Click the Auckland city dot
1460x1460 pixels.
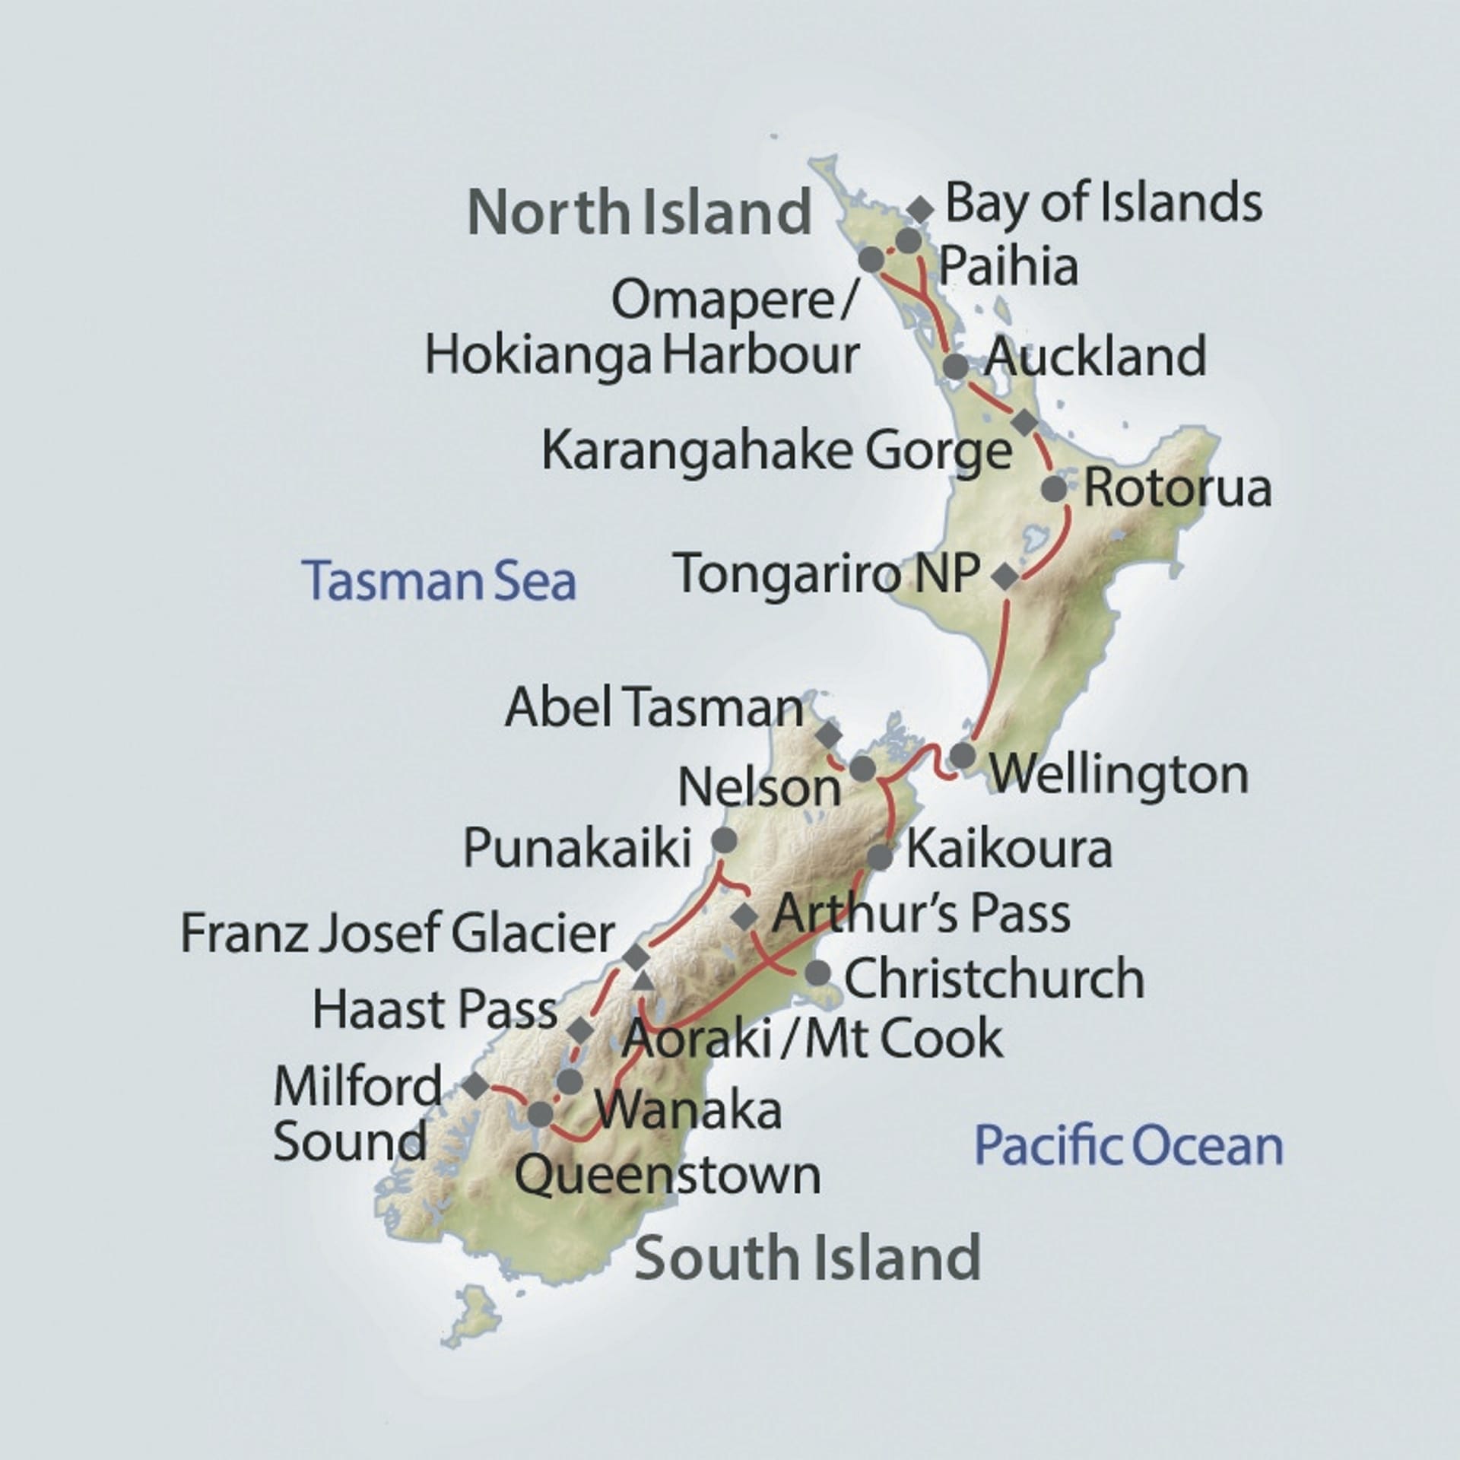(x=955, y=367)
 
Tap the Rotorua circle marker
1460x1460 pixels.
(x=1054, y=489)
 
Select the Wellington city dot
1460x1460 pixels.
(x=962, y=756)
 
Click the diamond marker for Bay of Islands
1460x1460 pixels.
(x=920, y=209)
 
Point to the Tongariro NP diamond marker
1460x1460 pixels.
(x=1005, y=576)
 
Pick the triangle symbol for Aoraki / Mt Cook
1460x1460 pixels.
(x=643, y=982)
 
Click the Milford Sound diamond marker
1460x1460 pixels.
(x=476, y=1086)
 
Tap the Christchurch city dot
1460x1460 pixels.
(x=817, y=973)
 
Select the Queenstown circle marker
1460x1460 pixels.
(x=540, y=1115)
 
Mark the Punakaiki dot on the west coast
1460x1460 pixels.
(x=723, y=840)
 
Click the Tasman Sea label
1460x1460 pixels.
(x=439, y=581)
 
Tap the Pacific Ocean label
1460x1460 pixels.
(x=1128, y=1146)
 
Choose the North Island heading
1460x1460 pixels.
(x=640, y=212)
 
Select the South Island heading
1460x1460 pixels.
(x=807, y=1258)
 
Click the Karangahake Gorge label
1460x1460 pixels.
(x=776, y=452)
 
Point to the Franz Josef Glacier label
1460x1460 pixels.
(x=398, y=934)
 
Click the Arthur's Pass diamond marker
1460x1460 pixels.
(x=744, y=917)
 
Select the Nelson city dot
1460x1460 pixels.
(x=863, y=769)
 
